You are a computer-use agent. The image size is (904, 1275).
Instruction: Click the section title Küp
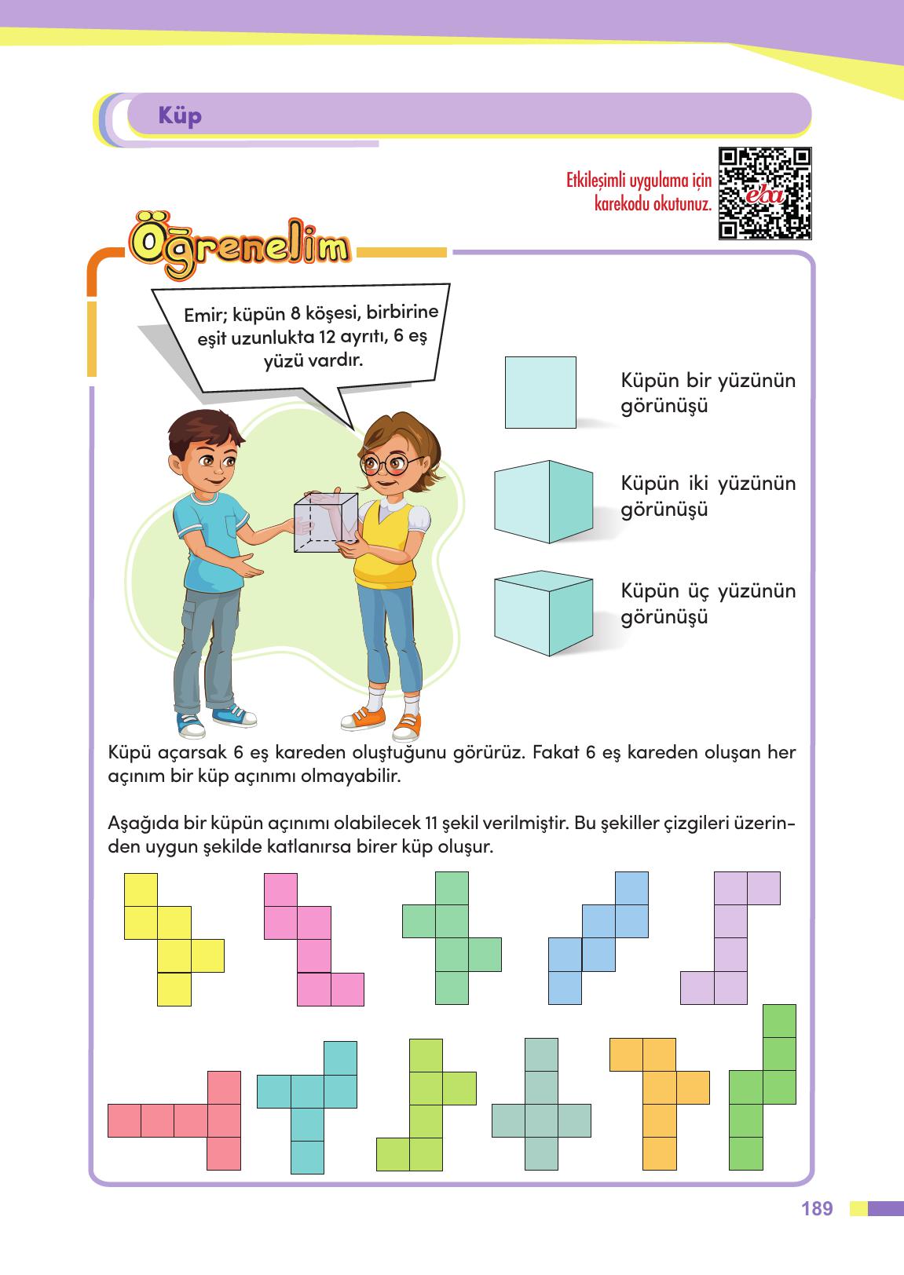coord(180,116)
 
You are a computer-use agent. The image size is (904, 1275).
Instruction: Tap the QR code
coord(764,193)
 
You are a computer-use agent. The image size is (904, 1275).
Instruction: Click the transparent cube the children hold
coord(325,521)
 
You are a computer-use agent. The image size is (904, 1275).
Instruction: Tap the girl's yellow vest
coord(385,550)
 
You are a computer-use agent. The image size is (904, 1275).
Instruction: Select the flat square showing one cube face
coord(540,392)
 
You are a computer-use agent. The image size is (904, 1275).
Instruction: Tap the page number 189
coord(818,1208)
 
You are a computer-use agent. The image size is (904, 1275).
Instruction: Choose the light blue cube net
coord(598,937)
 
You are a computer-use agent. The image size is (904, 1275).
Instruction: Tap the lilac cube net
coord(730,937)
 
